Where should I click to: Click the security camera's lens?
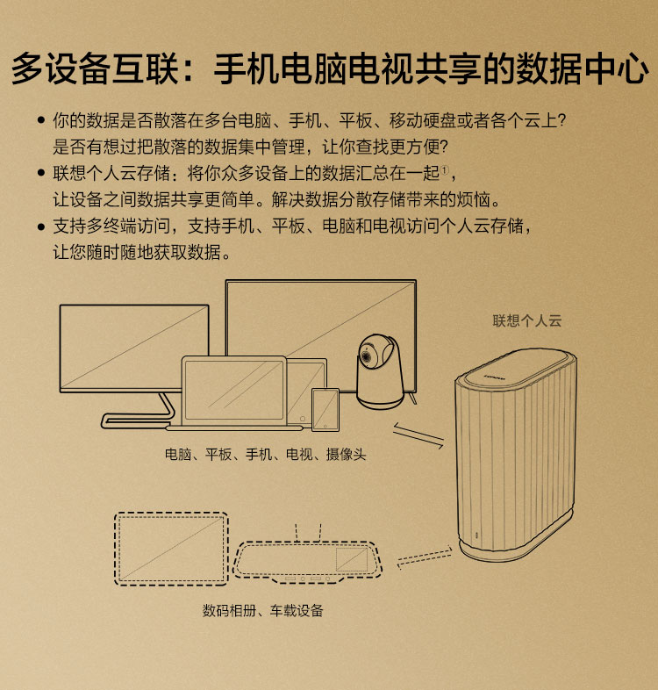(367, 355)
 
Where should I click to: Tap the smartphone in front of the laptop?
(325, 409)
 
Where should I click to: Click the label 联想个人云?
(527, 320)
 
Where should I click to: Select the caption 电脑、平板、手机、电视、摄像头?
(265, 454)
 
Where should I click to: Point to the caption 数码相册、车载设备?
(262, 610)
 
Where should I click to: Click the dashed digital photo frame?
(172, 549)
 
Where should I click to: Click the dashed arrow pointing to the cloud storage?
(425, 557)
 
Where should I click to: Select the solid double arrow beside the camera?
(418, 435)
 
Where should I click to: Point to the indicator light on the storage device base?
(476, 535)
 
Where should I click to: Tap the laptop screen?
(234, 390)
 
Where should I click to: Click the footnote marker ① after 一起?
(445, 169)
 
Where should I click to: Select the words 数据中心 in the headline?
(582, 68)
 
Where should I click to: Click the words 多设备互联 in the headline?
(95, 68)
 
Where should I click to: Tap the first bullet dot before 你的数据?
(41, 120)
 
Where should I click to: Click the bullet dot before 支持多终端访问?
(41, 226)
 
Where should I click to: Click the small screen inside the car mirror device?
(352, 559)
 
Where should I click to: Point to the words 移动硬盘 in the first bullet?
(422, 120)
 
